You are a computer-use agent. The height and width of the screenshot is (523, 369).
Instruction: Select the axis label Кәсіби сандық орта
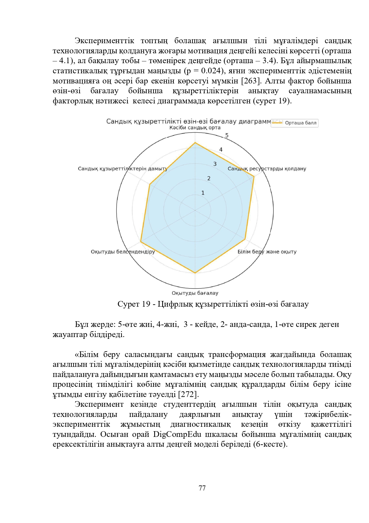[195, 128]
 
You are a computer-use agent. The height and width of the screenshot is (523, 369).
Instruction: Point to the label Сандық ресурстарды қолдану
[267, 169]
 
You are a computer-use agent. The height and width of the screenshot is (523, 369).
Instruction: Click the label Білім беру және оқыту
[267, 252]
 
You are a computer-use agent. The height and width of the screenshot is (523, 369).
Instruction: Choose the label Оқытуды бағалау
[195, 293]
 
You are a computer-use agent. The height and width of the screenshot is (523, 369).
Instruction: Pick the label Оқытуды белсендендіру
[123, 252]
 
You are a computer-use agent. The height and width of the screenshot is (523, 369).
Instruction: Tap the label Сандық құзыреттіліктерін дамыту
[123, 169]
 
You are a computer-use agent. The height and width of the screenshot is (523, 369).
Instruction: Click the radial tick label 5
[227, 136]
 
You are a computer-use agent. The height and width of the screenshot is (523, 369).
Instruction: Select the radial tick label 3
[215, 164]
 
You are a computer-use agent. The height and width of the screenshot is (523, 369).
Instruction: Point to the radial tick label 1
[203, 193]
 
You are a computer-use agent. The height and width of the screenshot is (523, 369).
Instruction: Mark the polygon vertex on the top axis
[195, 143]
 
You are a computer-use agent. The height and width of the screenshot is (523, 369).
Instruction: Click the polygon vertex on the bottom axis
[195, 273]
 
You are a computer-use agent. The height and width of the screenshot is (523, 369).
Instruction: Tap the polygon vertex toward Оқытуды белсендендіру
[141, 242]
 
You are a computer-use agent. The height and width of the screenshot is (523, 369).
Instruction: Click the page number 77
[202, 488]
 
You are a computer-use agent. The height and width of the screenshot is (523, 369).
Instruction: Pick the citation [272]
[188, 394]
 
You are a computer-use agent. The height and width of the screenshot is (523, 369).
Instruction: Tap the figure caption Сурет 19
[134, 304]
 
